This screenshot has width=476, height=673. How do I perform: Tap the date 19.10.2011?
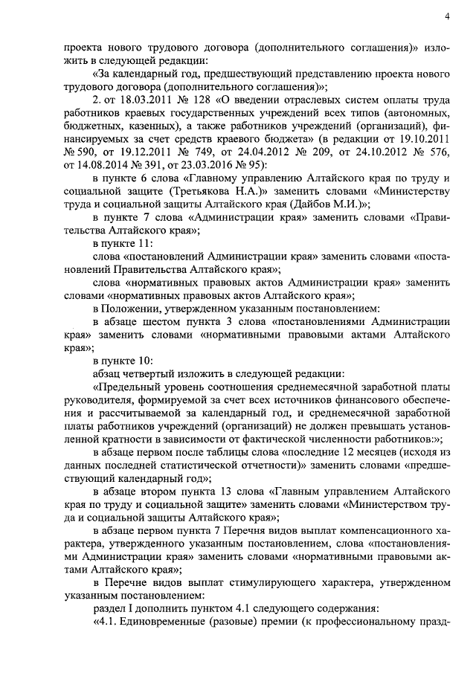point(426,138)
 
